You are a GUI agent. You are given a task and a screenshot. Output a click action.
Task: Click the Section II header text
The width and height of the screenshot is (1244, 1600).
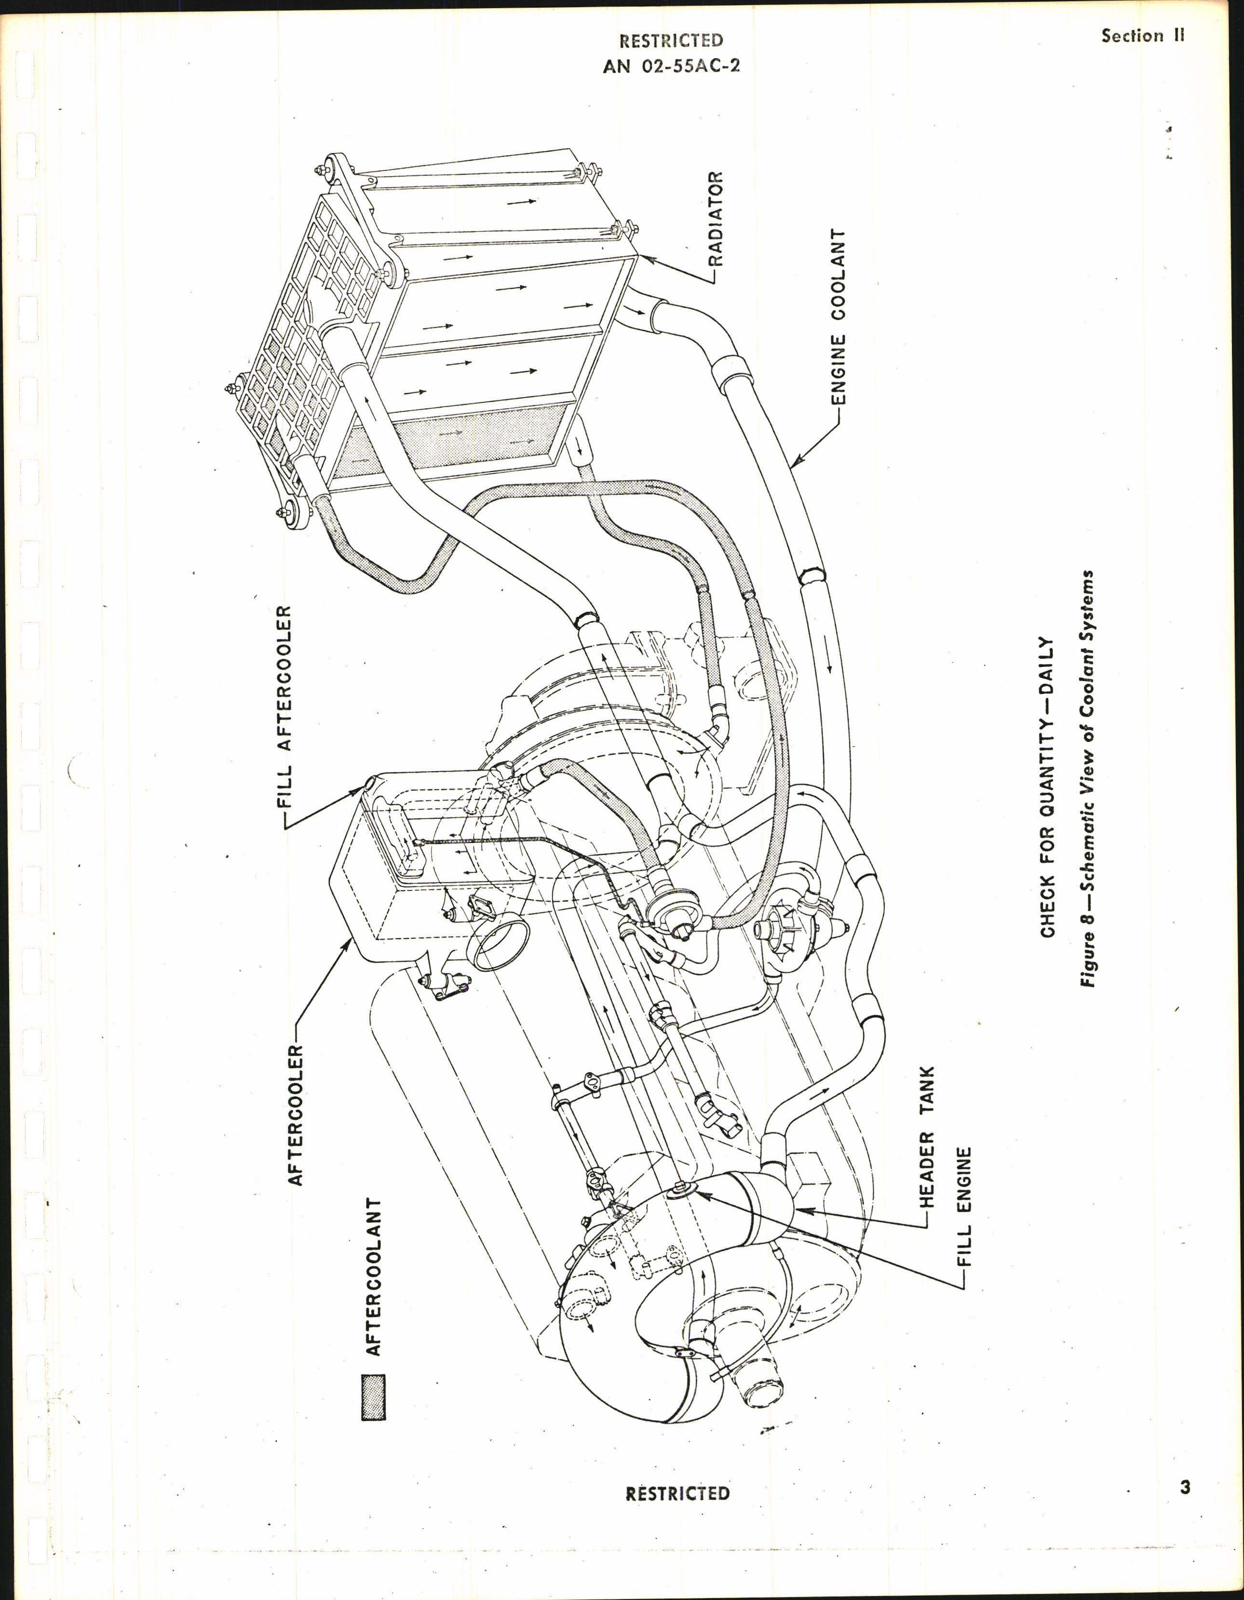tap(1142, 36)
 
